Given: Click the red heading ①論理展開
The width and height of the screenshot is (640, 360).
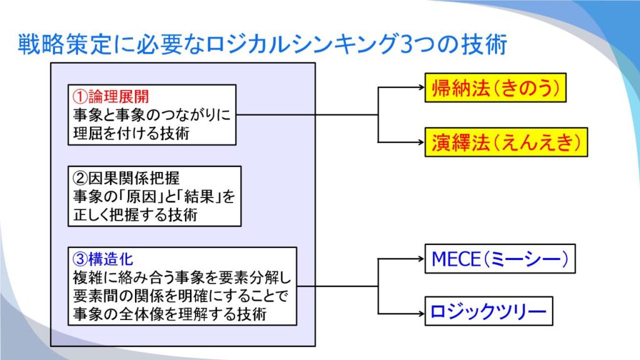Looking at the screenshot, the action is coord(111,97).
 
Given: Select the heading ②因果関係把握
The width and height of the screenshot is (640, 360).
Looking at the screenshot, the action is coord(126,178).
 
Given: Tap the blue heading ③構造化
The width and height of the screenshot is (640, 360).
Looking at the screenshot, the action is coord(103,259).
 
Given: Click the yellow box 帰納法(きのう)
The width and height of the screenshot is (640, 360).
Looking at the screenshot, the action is coord(496,87).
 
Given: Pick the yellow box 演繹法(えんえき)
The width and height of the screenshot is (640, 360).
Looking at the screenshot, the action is coord(506,142).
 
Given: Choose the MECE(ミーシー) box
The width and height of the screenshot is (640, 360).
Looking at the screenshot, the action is coord(500,259).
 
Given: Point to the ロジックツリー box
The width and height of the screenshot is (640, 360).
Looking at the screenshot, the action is coord(489,311).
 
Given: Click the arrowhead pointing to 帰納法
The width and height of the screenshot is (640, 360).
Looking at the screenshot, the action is coord(422,87).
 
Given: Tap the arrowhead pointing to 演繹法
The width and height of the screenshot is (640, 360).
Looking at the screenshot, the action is coord(422,142).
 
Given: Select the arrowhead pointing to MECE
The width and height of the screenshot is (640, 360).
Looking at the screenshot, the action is coord(422,258).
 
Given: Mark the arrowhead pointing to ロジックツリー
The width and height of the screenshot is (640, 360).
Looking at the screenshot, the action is coord(422,314).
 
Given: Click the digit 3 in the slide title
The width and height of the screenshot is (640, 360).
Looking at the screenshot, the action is coord(407,44).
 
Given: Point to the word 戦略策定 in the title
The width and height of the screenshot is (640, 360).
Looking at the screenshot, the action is coord(65,44).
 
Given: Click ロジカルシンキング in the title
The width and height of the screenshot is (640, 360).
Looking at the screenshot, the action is coord(302,44).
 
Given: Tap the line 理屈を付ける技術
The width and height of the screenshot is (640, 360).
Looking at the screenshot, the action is coord(131,133).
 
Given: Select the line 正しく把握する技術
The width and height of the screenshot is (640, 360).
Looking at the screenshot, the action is coord(135,214).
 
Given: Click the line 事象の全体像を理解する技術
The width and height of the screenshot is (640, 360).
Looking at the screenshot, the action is coord(170,314).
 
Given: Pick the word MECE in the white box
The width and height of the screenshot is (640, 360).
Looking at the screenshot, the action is coord(456,259).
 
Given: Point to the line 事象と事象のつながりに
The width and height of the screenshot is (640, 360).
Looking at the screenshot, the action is coord(152,115).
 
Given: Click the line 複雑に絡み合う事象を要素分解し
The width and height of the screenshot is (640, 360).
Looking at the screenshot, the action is coord(182,277).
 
